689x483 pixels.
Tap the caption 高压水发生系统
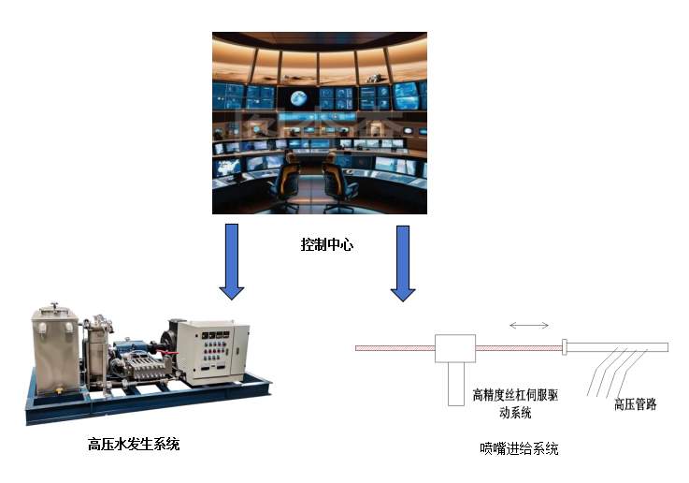133,444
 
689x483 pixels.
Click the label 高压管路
635,404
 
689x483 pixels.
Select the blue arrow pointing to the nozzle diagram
403,263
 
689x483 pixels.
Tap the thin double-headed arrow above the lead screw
530,326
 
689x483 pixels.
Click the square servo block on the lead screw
455,348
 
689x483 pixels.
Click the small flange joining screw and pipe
566,348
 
